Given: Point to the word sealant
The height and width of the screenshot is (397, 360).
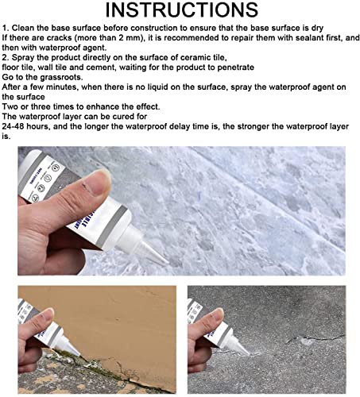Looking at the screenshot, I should tap(293, 39).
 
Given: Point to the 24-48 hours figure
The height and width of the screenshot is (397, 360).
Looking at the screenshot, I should tap(32, 127).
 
